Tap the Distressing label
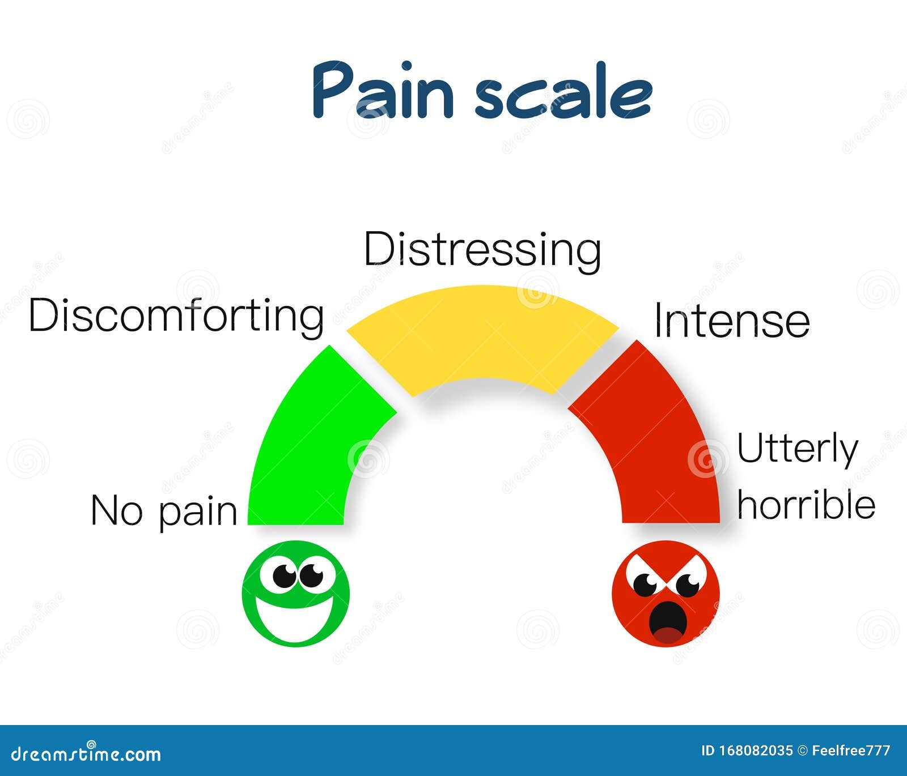coord(482,249)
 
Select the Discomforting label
coord(176,315)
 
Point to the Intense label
coord(732,321)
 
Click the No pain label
coord(164,511)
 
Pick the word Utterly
coord(797,449)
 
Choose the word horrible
coord(806,505)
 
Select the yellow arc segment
coord(482,334)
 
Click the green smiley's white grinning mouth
coord(295,620)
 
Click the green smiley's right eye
coord(311,576)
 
